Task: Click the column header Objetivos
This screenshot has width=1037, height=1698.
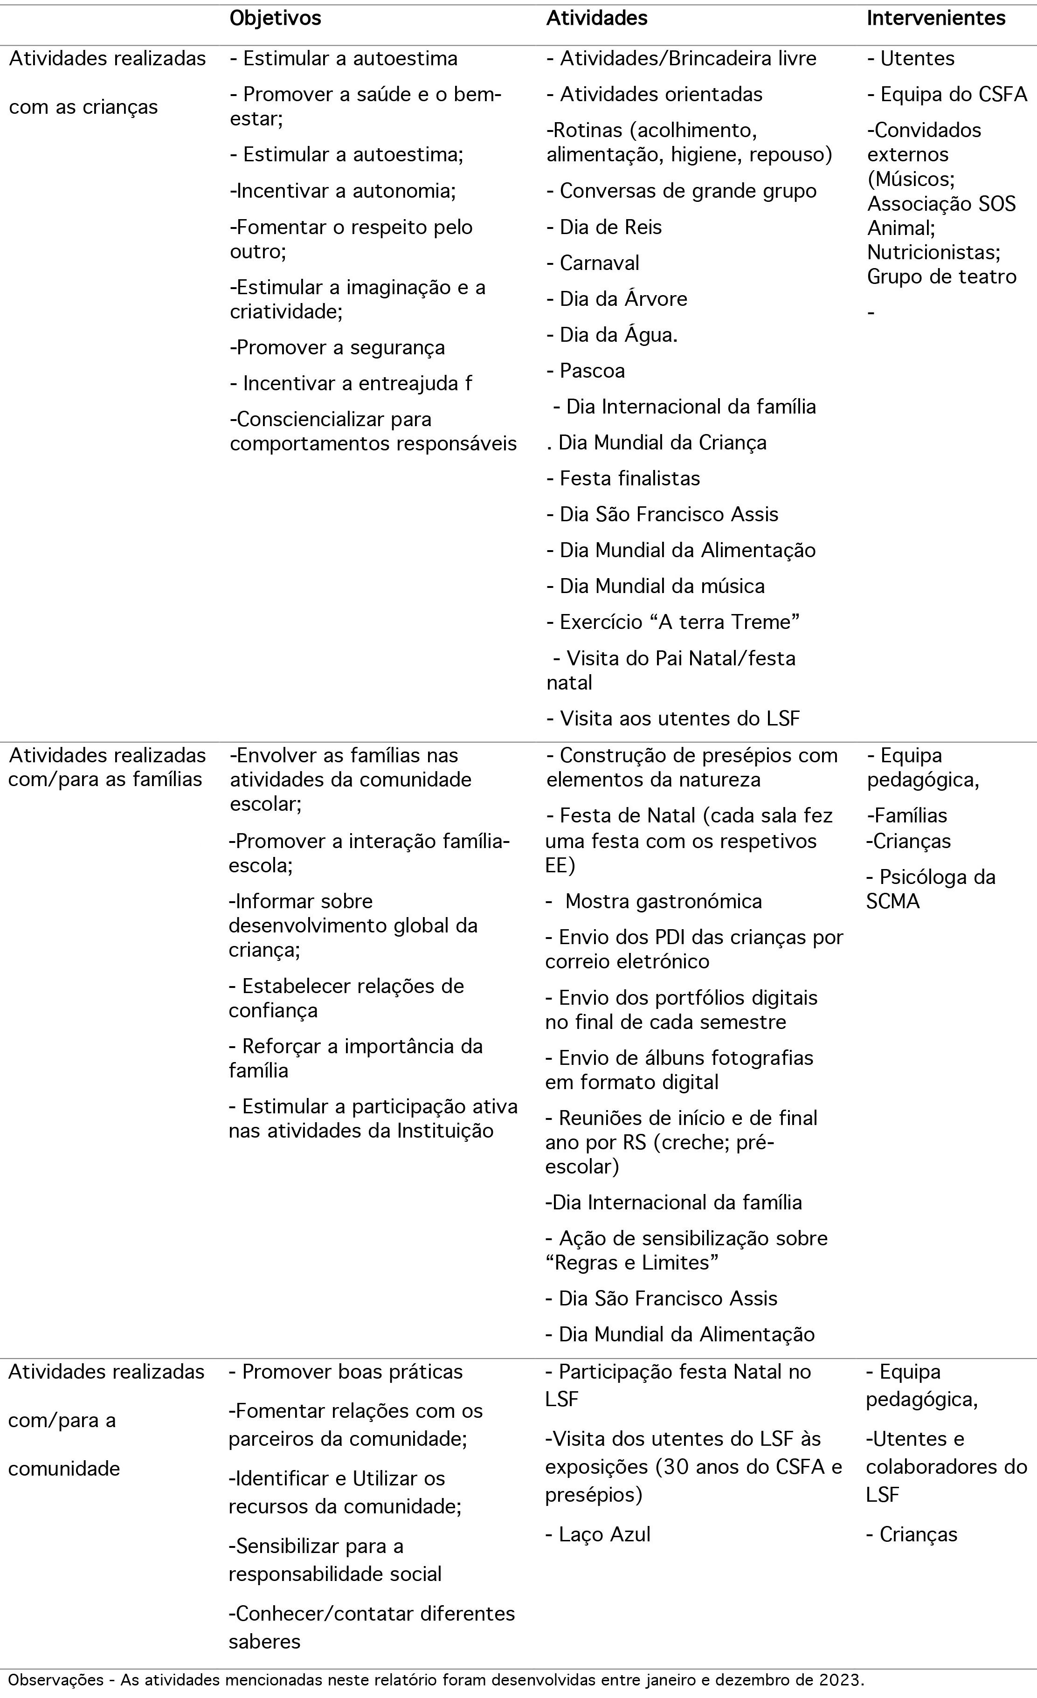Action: [x=275, y=19]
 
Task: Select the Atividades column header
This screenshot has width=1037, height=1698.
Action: [x=597, y=19]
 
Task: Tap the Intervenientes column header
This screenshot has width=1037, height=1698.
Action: [x=936, y=19]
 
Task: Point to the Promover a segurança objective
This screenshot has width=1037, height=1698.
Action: [x=338, y=347]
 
